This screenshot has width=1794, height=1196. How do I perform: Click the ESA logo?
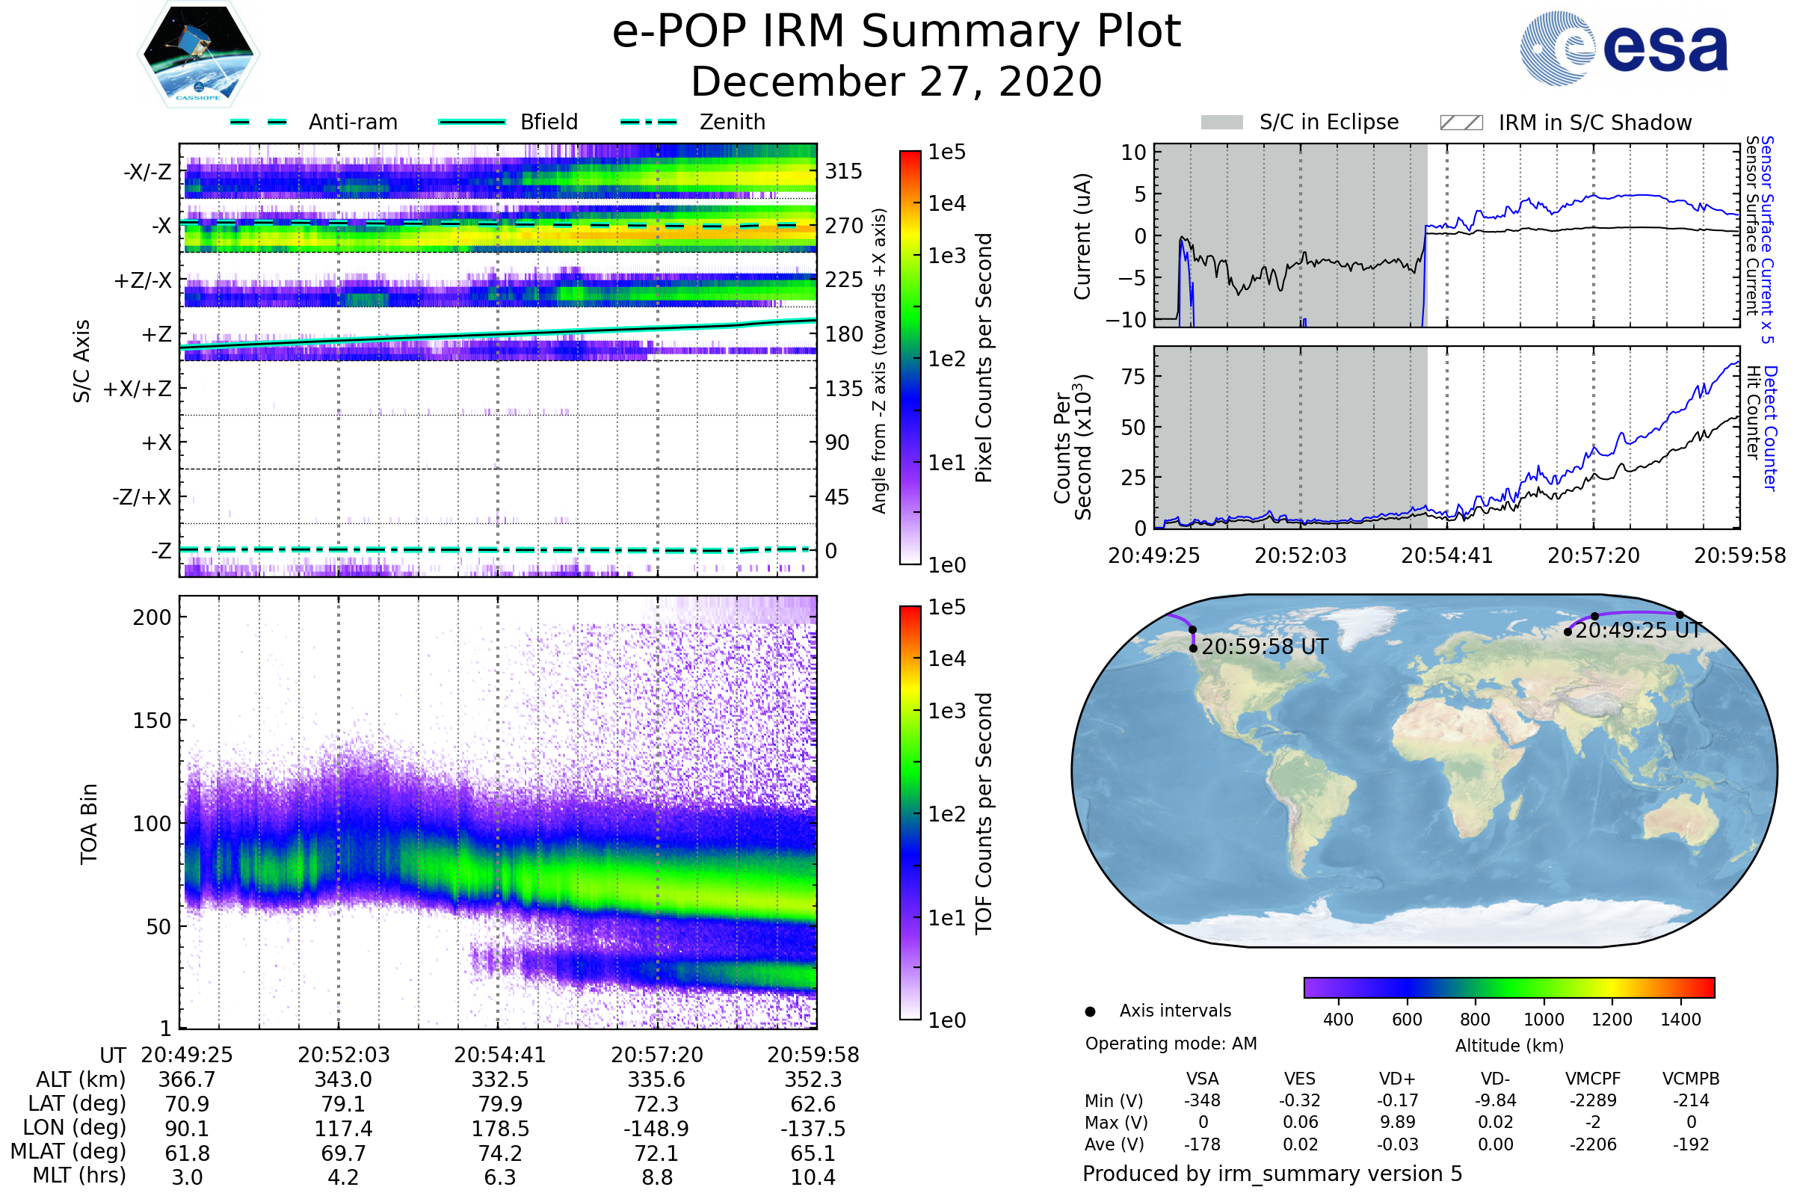click(x=1624, y=48)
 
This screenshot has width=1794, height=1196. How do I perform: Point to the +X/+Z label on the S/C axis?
click(x=138, y=389)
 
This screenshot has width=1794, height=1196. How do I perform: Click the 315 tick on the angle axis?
click(x=844, y=171)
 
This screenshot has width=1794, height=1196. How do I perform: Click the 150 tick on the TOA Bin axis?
click(x=152, y=721)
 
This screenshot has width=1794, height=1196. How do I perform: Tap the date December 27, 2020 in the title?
click(x=896, y=81)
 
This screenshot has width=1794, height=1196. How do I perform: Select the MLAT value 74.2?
click(x=499, y=1153)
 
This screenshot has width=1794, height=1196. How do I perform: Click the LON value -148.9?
click(x=656, y=1128)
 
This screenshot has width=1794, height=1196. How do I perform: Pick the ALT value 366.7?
click(x=187, y=1079)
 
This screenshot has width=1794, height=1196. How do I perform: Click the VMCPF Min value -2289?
click(x=1593, y=1100)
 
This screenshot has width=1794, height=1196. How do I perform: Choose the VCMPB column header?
click(x=1691, y=1079)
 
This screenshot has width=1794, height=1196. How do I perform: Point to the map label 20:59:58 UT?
click(x=1264, y=647)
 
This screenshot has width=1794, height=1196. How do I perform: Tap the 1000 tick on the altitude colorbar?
click(x=1543, y=1020)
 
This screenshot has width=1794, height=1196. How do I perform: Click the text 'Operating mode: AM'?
click(x=1171, y=1044)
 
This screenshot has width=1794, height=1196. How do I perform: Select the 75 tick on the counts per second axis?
click(x=1133, y=377)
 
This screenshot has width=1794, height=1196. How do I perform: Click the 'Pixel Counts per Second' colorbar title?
click(x=984, y=358)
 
